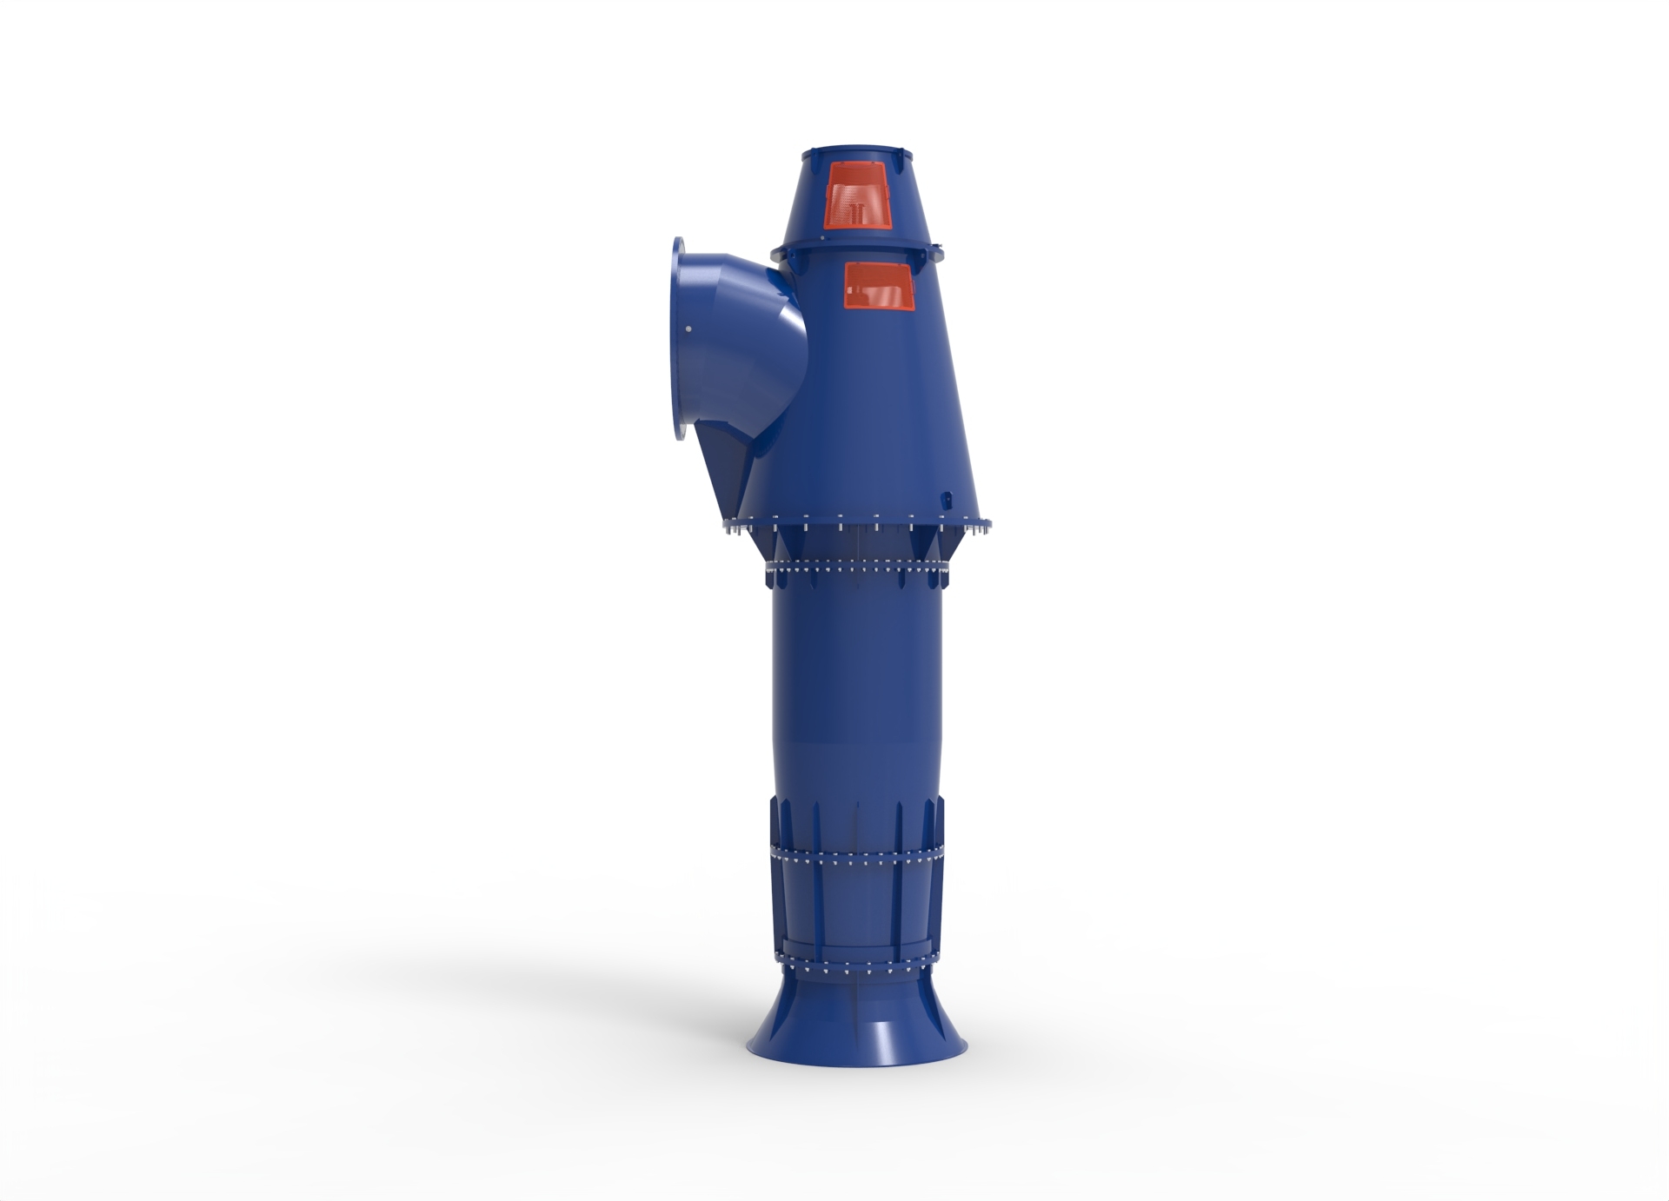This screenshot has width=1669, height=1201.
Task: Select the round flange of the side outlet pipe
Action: tap(682, 342)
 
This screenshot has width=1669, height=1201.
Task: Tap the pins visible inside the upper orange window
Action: tap(857, 213)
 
